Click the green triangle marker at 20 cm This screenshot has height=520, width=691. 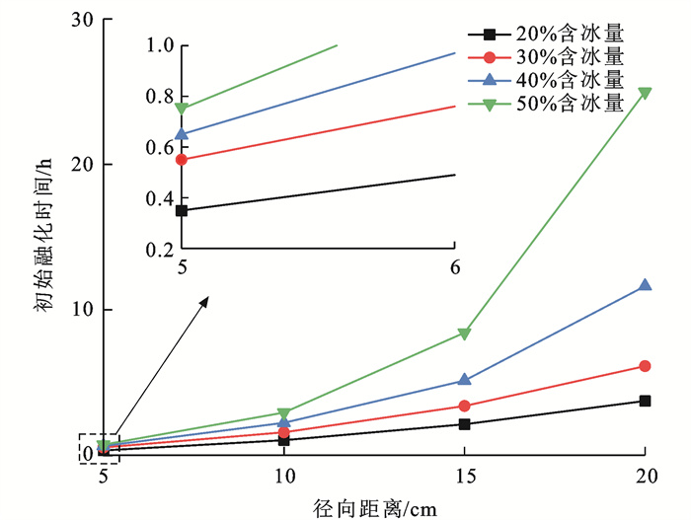pyautogui.click(x=645, y=93)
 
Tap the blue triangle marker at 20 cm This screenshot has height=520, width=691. pyautogui.click(x=645, y=284)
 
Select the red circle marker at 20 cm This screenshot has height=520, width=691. pyautogui.click(x=645, y=366)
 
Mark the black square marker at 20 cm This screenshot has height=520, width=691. pyautogui.click(x=645, y=401)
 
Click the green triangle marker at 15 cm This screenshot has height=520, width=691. pyautogui.click(x=464, y=334)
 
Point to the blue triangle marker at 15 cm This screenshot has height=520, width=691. pyautogui.click(x=464, y=379)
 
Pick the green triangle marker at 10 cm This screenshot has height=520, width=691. pyautogui.click(x=283, y=413)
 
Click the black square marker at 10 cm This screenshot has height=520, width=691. pyautogui.click(x=283, y=440)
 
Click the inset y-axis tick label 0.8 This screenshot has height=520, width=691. pyautogui.click(x=159, y=97)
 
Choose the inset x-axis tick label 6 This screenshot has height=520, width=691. pyautogui.click(x=455, y=267)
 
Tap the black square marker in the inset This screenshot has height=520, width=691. pyautogui.click(x=182, y=210)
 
